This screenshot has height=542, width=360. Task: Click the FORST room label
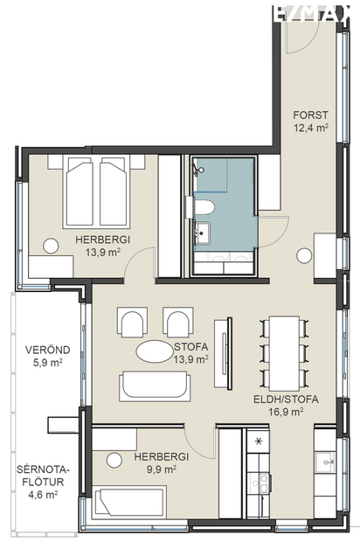(310, 115)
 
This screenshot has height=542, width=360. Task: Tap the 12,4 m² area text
(310, 128)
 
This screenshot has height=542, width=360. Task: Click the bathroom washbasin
(203, 232)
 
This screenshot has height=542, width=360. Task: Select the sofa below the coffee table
(155, 385)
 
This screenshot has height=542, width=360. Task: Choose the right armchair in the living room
(178, 323)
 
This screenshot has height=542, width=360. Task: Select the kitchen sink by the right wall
(325, 461)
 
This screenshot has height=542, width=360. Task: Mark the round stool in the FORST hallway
(303, 255)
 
